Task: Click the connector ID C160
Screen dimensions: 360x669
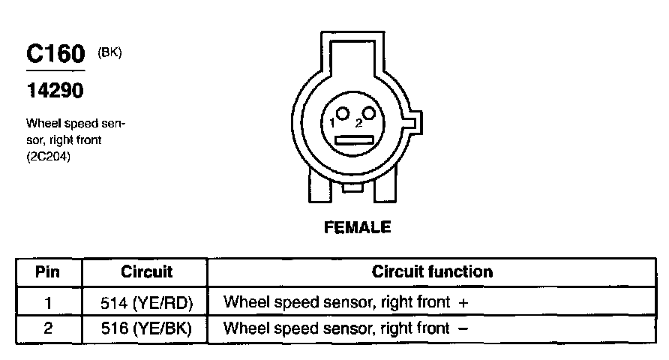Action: tap(55, 53)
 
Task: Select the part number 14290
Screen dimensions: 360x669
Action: tap(55, 91)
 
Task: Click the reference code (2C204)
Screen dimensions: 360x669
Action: tap(49, 157)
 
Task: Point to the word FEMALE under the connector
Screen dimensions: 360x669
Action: tap(357, 226)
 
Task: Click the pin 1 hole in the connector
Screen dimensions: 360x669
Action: tap(343, 114)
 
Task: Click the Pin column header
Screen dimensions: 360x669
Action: tap(48, 271)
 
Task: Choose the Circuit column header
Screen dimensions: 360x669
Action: tap(146, 271)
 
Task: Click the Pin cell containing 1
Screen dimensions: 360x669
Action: tap(48, 302)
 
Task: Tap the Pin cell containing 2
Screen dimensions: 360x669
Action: tap(48, 328)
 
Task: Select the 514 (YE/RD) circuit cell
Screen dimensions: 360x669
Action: tap(146, 302)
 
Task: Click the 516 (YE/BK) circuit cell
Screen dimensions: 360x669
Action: tap(146, 328)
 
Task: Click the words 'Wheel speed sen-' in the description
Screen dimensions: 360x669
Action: tap(75, 123)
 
